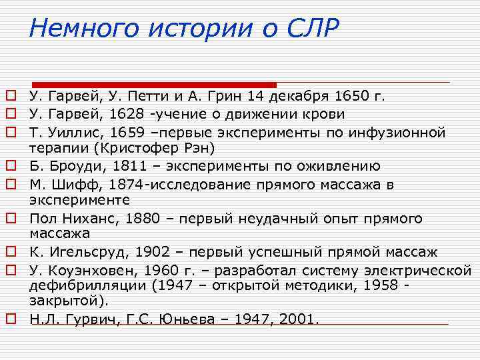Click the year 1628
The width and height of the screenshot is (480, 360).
point(126,114)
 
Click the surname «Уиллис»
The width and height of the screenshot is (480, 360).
point(72,132)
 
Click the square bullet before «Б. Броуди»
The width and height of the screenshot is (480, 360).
point(11,166)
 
